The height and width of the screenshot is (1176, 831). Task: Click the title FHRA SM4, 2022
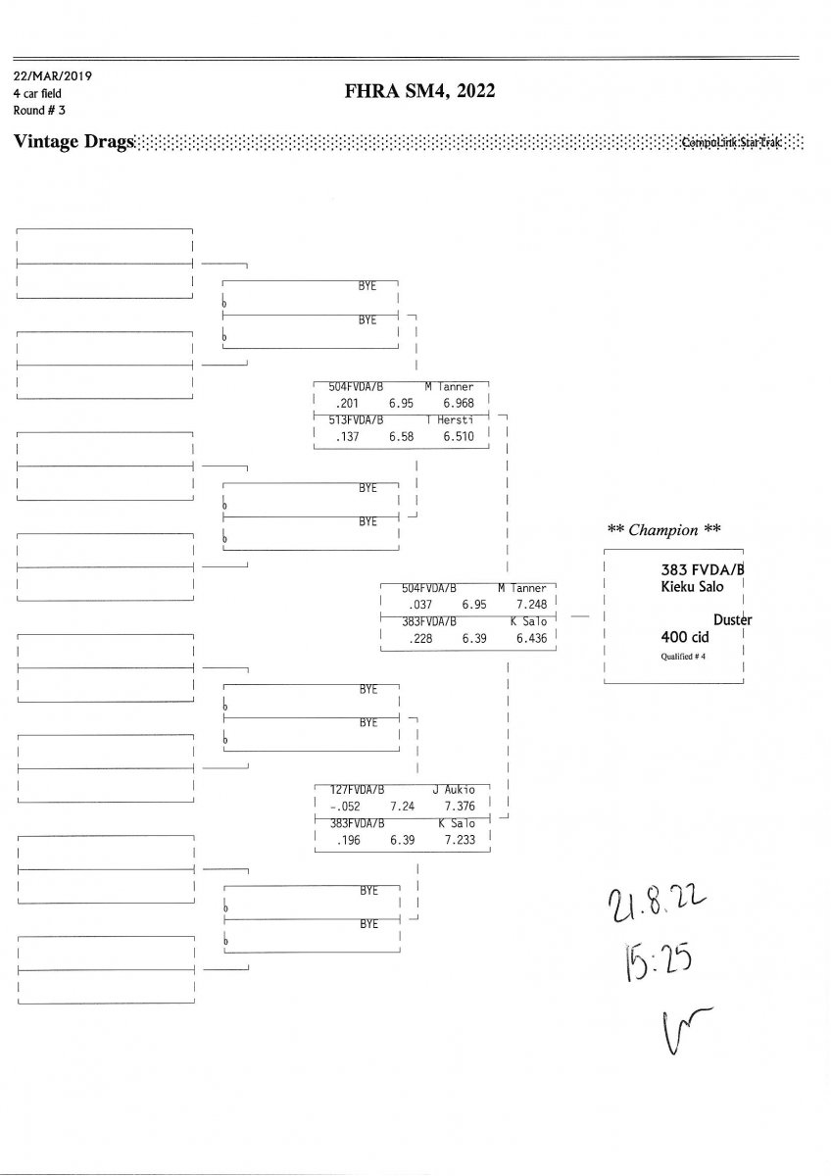(x=419, y=91)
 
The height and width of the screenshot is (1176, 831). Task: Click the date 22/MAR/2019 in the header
(x=53, y=75)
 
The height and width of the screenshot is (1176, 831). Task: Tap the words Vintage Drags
(x=73, y=143)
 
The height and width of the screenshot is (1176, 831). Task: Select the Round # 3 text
(x=39, y=110)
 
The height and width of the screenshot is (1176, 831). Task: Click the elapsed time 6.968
(x=458, y=403)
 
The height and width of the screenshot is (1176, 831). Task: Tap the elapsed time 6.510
(x=458, y=436)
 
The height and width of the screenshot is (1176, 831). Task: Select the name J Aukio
(x=454, y=789)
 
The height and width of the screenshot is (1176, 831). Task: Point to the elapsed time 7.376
(x=460, y=806)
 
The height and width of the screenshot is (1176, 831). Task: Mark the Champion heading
(x=664, y=530)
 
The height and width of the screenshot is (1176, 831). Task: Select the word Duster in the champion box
(x=732, y=619)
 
